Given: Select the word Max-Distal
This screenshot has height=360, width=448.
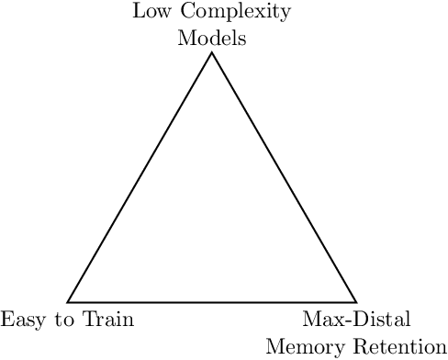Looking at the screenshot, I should coord(356,320).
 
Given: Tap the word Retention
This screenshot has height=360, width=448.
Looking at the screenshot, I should coord(397,347).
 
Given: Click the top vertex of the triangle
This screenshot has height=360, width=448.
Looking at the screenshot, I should coord(212,52).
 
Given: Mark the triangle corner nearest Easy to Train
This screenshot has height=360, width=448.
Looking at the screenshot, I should coord(68,301).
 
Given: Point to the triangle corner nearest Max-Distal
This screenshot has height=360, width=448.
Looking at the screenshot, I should coord(356,301).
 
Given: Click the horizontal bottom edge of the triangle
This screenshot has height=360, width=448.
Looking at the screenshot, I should coord(212,301).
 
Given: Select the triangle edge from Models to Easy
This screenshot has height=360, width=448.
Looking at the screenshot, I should coord(140,177).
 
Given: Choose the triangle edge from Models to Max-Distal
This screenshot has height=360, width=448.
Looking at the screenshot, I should coord(285,177).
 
